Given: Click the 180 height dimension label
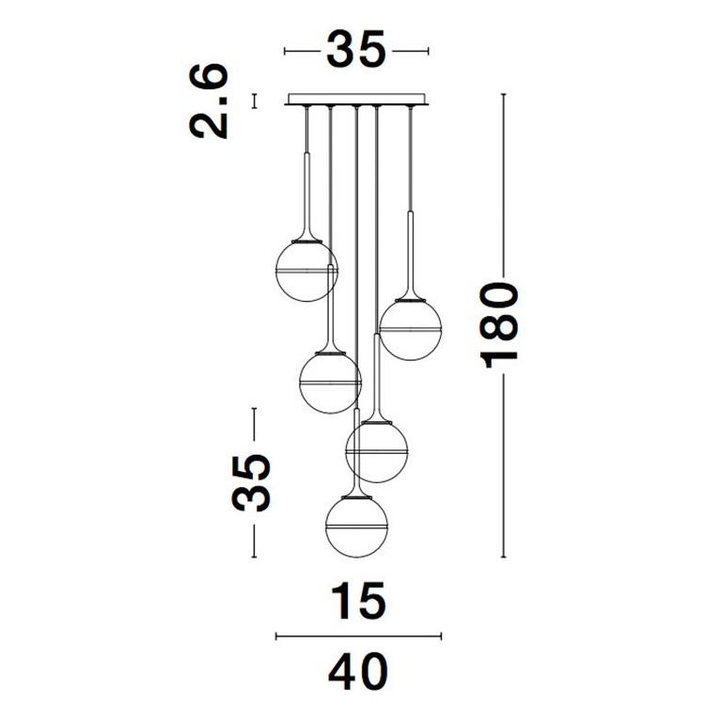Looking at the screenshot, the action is click(499, 325).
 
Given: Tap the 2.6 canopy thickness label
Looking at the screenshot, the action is click(209, 102).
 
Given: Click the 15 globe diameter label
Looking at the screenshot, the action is click(359, 601).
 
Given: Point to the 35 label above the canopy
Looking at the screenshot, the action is click(355, 49).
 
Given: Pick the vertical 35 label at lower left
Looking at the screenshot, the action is click(251, 483).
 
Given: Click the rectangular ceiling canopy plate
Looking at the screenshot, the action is click(356, 100).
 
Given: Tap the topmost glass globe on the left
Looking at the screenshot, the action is click(306, 271).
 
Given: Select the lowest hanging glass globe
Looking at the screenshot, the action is click(356, 526).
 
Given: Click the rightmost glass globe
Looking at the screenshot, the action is click(410, 329).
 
